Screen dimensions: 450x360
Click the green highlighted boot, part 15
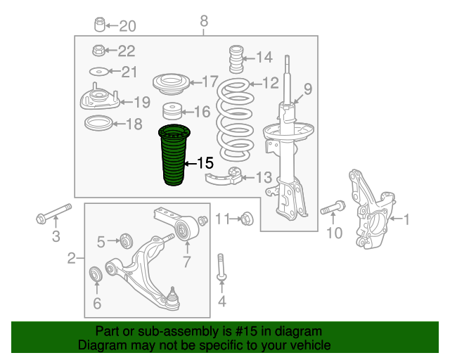(x=174, y=155)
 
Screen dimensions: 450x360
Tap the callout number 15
(x=205, y=163)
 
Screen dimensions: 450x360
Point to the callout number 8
(x=204, y=21)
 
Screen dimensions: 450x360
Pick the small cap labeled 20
(x=100, y=25)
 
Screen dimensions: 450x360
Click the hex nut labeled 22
(x=98, y=50)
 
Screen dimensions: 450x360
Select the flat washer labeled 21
(x=98, y=72)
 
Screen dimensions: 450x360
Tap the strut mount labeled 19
(x=99, y=98)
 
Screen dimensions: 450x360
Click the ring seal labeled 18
(x=98, y=123)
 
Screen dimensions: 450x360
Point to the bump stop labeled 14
(x=236, y=59)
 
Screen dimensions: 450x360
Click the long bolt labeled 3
(x=53, y=214)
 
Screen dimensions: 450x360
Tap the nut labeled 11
(x=247, y=219)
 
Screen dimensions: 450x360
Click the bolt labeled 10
(x=333, y=208)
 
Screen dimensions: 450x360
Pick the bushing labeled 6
(x=96, y=274)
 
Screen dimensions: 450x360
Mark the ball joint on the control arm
(x=172, y=299)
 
